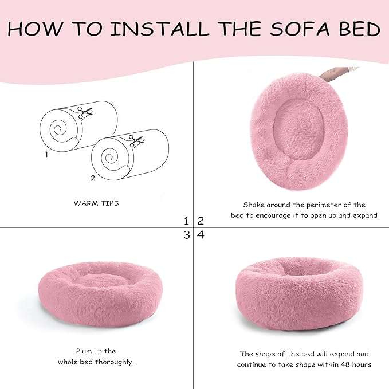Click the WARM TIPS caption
pyautogui.click(x=96, y=203)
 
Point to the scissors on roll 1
pyautogui.click(x=86, y=113)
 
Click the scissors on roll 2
pyautogui.click(x=136, y=140)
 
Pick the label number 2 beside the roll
pyautogui.click(x=93, y=178)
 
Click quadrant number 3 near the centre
pyautogui.click(x=186, y=235)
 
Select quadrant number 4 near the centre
pyautogui.click(x=201, y=235)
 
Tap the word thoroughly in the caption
pyautogui.click(x=115, y=362)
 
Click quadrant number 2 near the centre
pyautogui.click(x=201, y=221)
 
